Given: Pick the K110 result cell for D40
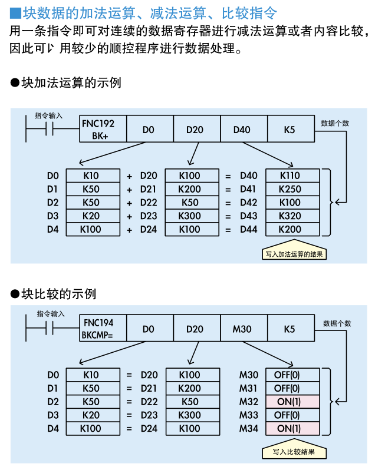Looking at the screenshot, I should [292, 176].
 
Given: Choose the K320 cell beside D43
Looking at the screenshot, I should [292, 216].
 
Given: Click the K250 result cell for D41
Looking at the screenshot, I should [292, 189].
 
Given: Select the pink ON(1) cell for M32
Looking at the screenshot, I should [292, 402].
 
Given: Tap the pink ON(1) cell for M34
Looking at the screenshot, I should [292, 429].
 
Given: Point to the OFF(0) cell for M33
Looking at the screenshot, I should [292, 415].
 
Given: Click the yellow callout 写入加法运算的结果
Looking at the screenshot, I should [294, 254].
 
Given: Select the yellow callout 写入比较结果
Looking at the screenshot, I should [294, 452].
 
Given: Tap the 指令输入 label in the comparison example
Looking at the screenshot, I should [51, 314].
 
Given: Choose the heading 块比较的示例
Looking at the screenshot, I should [58, 293].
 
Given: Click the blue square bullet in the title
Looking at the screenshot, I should [15, 12].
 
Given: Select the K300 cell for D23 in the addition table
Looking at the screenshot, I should [190, 216].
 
